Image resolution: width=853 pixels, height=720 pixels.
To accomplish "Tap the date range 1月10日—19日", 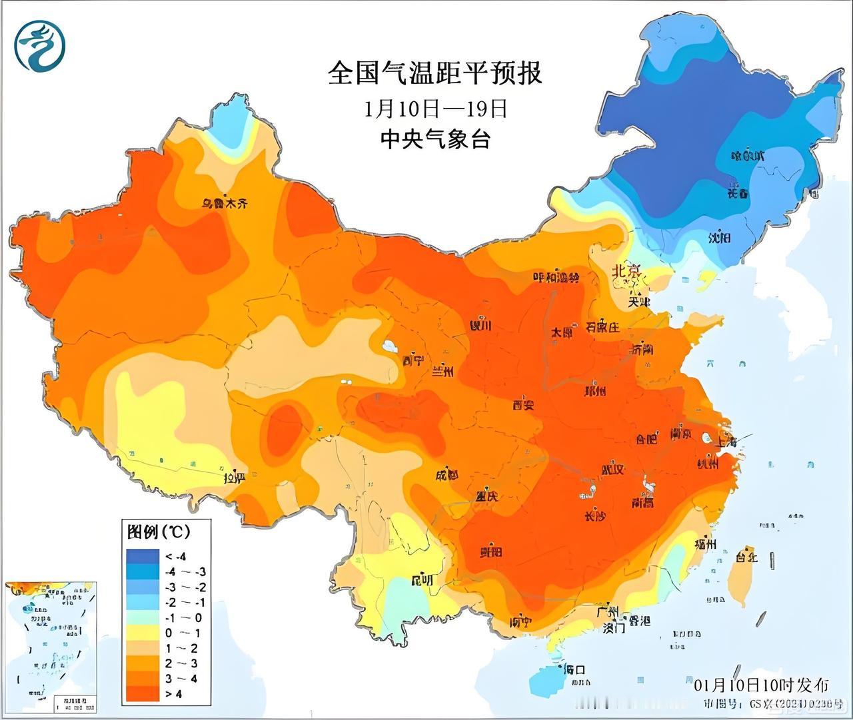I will click(x=435, y=109).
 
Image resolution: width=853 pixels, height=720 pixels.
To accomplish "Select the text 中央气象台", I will click(x=435, y=139).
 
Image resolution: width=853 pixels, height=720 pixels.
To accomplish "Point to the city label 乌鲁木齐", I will click(x=225, y=204).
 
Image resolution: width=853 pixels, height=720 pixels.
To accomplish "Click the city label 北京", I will click(x=626, y=272).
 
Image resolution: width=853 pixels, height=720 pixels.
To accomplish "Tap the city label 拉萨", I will click(x=234, y=478).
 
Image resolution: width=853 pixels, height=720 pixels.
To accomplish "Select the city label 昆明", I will click(x=421, y=580).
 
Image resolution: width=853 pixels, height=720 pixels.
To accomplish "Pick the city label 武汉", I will click(x=612, y=470).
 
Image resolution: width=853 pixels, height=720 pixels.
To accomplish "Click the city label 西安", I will click(x=523, y=404).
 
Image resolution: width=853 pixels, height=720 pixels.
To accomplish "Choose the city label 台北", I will click(x=746, y=556).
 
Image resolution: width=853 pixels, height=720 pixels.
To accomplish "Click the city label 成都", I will click(x=446, y=476).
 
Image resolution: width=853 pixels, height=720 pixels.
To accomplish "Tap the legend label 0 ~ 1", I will click(x=174, y=633).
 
